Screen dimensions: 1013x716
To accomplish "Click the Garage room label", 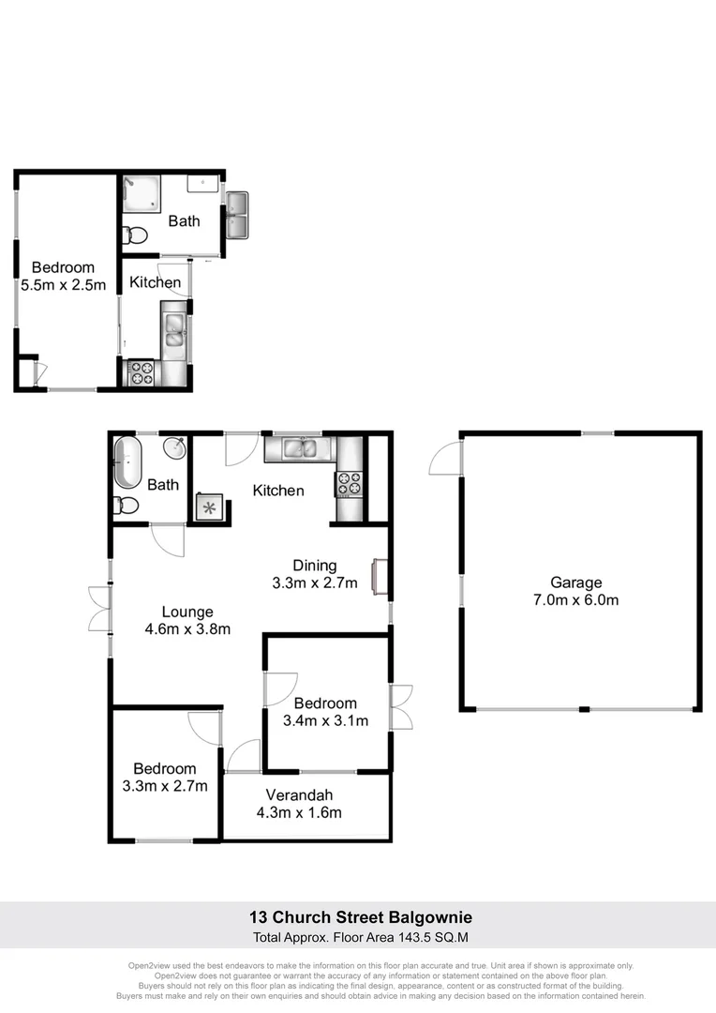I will point(576,582).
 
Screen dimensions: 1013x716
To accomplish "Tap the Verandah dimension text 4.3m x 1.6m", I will point(299,812).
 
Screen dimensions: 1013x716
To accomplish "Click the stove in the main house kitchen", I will point(350,484).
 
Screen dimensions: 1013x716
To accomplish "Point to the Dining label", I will point(315,565).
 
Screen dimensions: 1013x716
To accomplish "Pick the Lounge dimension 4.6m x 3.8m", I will point(187,629).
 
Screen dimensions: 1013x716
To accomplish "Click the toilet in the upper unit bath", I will point(137,234).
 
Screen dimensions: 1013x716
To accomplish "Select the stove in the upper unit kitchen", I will point(141,373).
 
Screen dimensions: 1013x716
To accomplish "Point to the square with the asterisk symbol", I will point(208,506).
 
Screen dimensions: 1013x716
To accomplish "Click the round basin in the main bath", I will point(173,448).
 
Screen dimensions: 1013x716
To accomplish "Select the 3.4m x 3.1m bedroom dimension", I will point(325,721).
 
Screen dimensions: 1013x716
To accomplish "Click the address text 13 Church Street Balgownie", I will point(360,916).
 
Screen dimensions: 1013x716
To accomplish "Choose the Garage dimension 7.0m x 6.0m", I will point(576,600).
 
